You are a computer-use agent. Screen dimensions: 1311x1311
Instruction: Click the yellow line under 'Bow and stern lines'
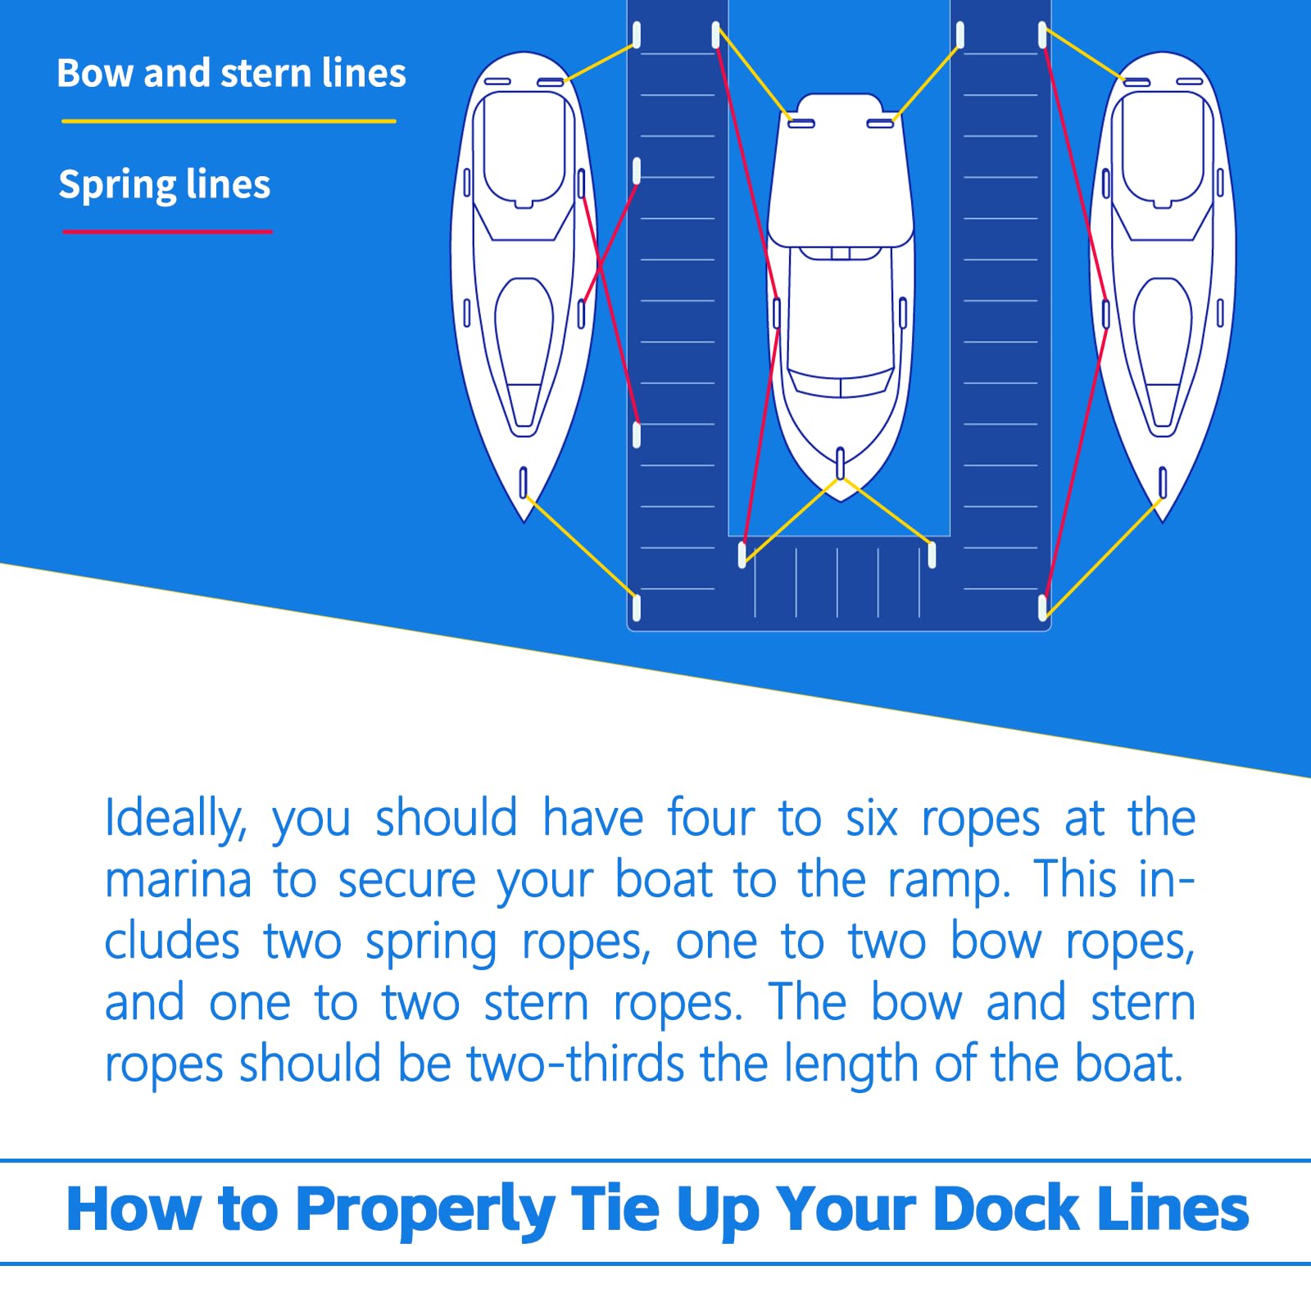pos(229,121)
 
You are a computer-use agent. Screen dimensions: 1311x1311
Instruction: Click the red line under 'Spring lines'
pos(167,232)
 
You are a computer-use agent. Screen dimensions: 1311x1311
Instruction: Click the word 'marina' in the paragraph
pos(178,881)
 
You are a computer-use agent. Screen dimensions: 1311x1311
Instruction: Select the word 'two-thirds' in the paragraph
pos(575,1064)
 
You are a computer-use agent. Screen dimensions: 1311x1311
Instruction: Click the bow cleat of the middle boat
pos(840,463)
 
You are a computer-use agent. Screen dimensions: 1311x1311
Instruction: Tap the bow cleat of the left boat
pos(524,482)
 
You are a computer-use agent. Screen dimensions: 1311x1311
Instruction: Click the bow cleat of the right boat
pos(1162,482)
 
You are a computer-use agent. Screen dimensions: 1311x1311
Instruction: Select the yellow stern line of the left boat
pos(600,63)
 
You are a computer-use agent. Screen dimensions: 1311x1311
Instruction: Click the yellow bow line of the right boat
pos(1102,555)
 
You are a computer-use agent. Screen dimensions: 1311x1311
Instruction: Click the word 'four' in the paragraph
pos(710,818)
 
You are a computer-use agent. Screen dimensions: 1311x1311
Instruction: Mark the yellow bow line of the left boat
pos(580,546)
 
